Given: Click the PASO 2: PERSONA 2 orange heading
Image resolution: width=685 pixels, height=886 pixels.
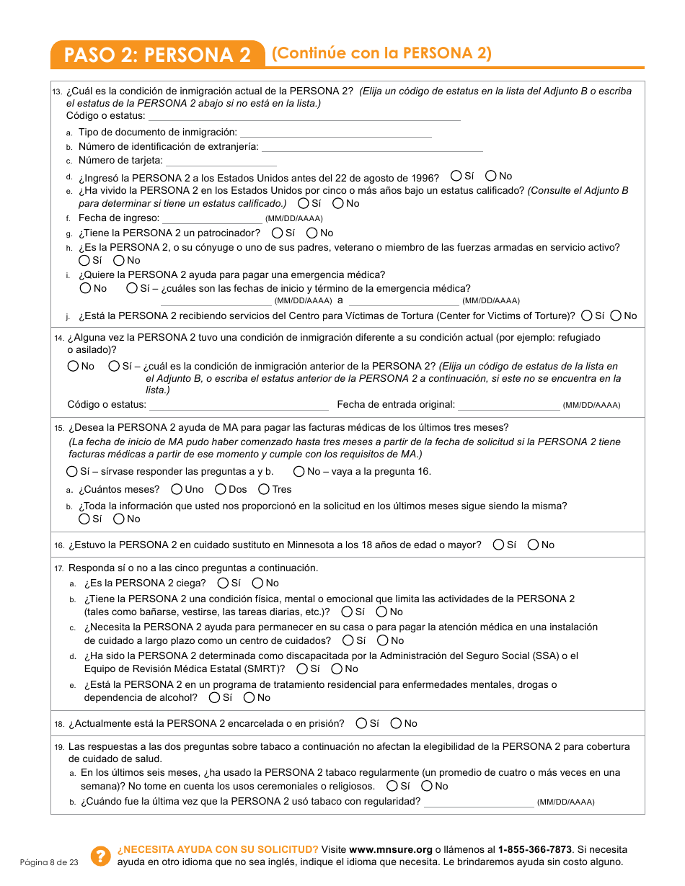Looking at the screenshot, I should point(157,55).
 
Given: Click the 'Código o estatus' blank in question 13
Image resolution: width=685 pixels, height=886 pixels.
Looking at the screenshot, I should point(304,116).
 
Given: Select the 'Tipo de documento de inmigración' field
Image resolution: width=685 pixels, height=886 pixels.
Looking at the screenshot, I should point(335,133).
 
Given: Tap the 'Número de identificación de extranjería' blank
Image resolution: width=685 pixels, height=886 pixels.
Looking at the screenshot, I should point(371,147).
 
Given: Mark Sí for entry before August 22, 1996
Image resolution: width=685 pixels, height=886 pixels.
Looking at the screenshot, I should point(456,176).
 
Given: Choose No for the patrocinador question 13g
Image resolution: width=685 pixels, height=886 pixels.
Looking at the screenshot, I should point(312,233).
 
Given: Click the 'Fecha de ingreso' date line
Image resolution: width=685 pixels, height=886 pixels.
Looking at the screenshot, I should point(212,218).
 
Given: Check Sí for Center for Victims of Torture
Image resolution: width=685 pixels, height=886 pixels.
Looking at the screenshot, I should point(587,316).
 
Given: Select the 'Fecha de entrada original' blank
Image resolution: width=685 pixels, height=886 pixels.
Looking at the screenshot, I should point(508,405).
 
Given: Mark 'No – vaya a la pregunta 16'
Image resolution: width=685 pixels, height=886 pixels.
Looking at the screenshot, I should point(299,472).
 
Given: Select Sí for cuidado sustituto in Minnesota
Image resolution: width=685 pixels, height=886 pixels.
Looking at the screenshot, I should point(499,545).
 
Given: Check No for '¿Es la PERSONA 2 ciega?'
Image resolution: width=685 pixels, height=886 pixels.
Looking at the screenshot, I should point(257,583).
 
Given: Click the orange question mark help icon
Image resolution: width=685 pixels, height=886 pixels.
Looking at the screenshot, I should point(100,855).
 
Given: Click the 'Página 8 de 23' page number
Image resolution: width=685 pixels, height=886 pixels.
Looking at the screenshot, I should point(48,862).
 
